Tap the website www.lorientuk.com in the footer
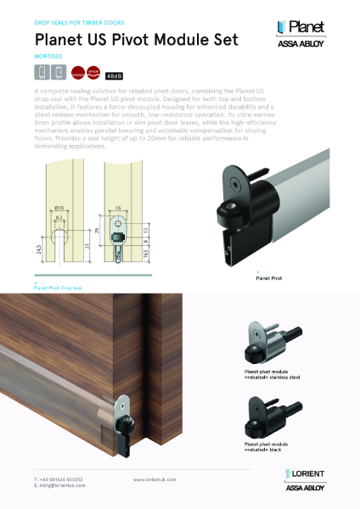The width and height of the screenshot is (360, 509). tap(154, 479)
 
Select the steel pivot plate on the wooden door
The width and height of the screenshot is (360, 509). tap(128, 402)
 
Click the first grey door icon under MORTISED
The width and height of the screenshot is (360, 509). tap(40, 73)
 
